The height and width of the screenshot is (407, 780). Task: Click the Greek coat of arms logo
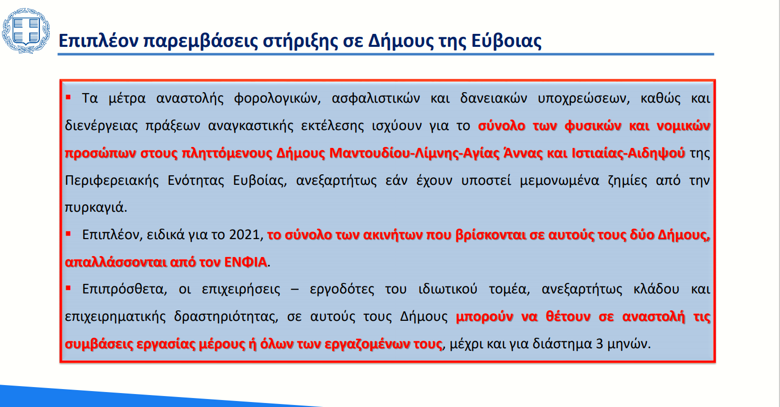pyautogui.click(x=26, y=31)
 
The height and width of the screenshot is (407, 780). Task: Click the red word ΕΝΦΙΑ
pyautogui.click(x=245, y=262)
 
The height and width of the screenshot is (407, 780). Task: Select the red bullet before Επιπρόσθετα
pyautogui.click(x=68, y=288)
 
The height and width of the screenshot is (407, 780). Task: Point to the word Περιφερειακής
pyautogui.click(x=112, y=180)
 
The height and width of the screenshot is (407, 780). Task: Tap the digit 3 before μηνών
pyautogui.click(x=599, y=344)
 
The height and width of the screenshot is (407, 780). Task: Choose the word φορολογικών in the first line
pyautogui.click(x=277, y=99)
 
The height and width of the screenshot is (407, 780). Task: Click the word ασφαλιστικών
pyautogui.click(x=376, y=99)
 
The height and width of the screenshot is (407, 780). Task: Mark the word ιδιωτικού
pyautogui.click(x=448, y=289)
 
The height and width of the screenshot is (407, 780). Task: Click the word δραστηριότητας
pyautogui.click(x=226, y=317)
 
